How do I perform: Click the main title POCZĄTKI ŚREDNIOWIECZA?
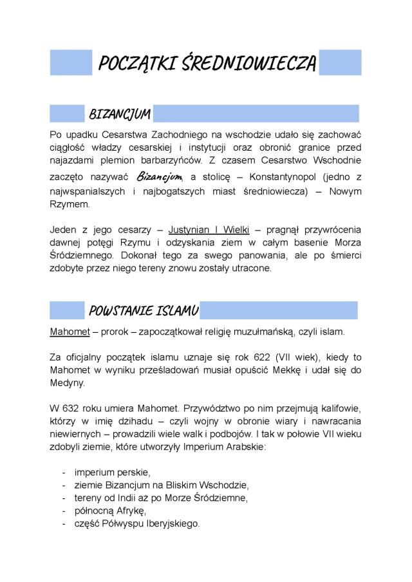click(207, 64)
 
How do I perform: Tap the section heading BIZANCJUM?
click(119, 115)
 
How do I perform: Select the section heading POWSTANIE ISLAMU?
click(143, 312)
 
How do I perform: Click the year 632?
click(74, 408)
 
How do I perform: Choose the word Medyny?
click(66, 384)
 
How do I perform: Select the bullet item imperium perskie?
click(112, 472)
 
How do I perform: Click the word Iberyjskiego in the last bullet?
click(171, 523)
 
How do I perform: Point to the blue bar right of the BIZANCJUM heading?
click(256, 114)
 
